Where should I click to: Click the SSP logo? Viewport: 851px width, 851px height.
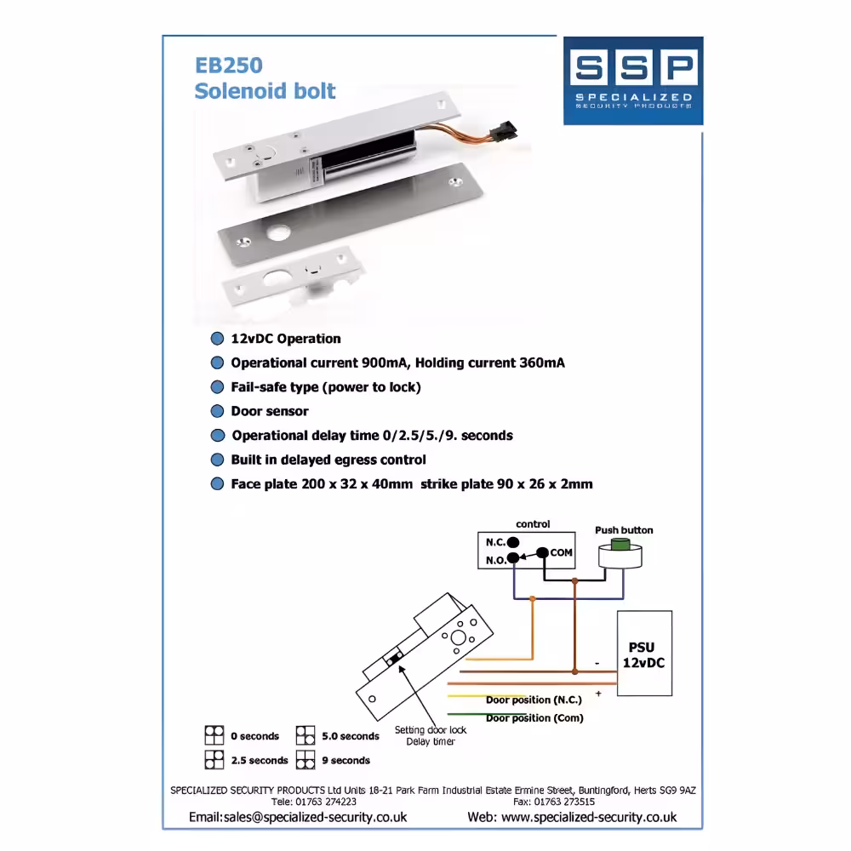(632, 80)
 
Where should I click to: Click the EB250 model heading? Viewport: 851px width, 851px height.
(228, 65)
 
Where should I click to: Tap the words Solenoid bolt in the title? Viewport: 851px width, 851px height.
(265, 91)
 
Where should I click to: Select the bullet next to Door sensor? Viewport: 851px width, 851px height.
(216, 411)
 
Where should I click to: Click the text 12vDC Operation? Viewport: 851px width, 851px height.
(286, 339)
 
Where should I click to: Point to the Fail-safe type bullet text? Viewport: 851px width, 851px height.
(326, 387)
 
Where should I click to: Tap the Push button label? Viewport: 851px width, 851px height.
(624, 530)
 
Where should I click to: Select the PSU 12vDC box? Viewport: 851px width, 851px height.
(644, 654)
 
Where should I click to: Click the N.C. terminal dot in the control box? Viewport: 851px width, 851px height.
(513, 541)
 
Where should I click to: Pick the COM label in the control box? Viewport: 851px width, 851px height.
(562, 552)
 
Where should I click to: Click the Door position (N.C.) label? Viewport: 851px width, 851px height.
(534, 700)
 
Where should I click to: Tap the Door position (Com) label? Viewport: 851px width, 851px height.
(534, 718)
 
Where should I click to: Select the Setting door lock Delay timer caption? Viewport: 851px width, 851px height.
(431, 736)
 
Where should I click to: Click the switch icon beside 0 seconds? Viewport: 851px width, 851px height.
(214, 735)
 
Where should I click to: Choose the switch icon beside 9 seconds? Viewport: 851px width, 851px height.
(306, 759)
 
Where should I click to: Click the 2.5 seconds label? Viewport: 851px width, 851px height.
(260, 760)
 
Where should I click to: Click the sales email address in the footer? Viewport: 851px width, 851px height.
(298, 817)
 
